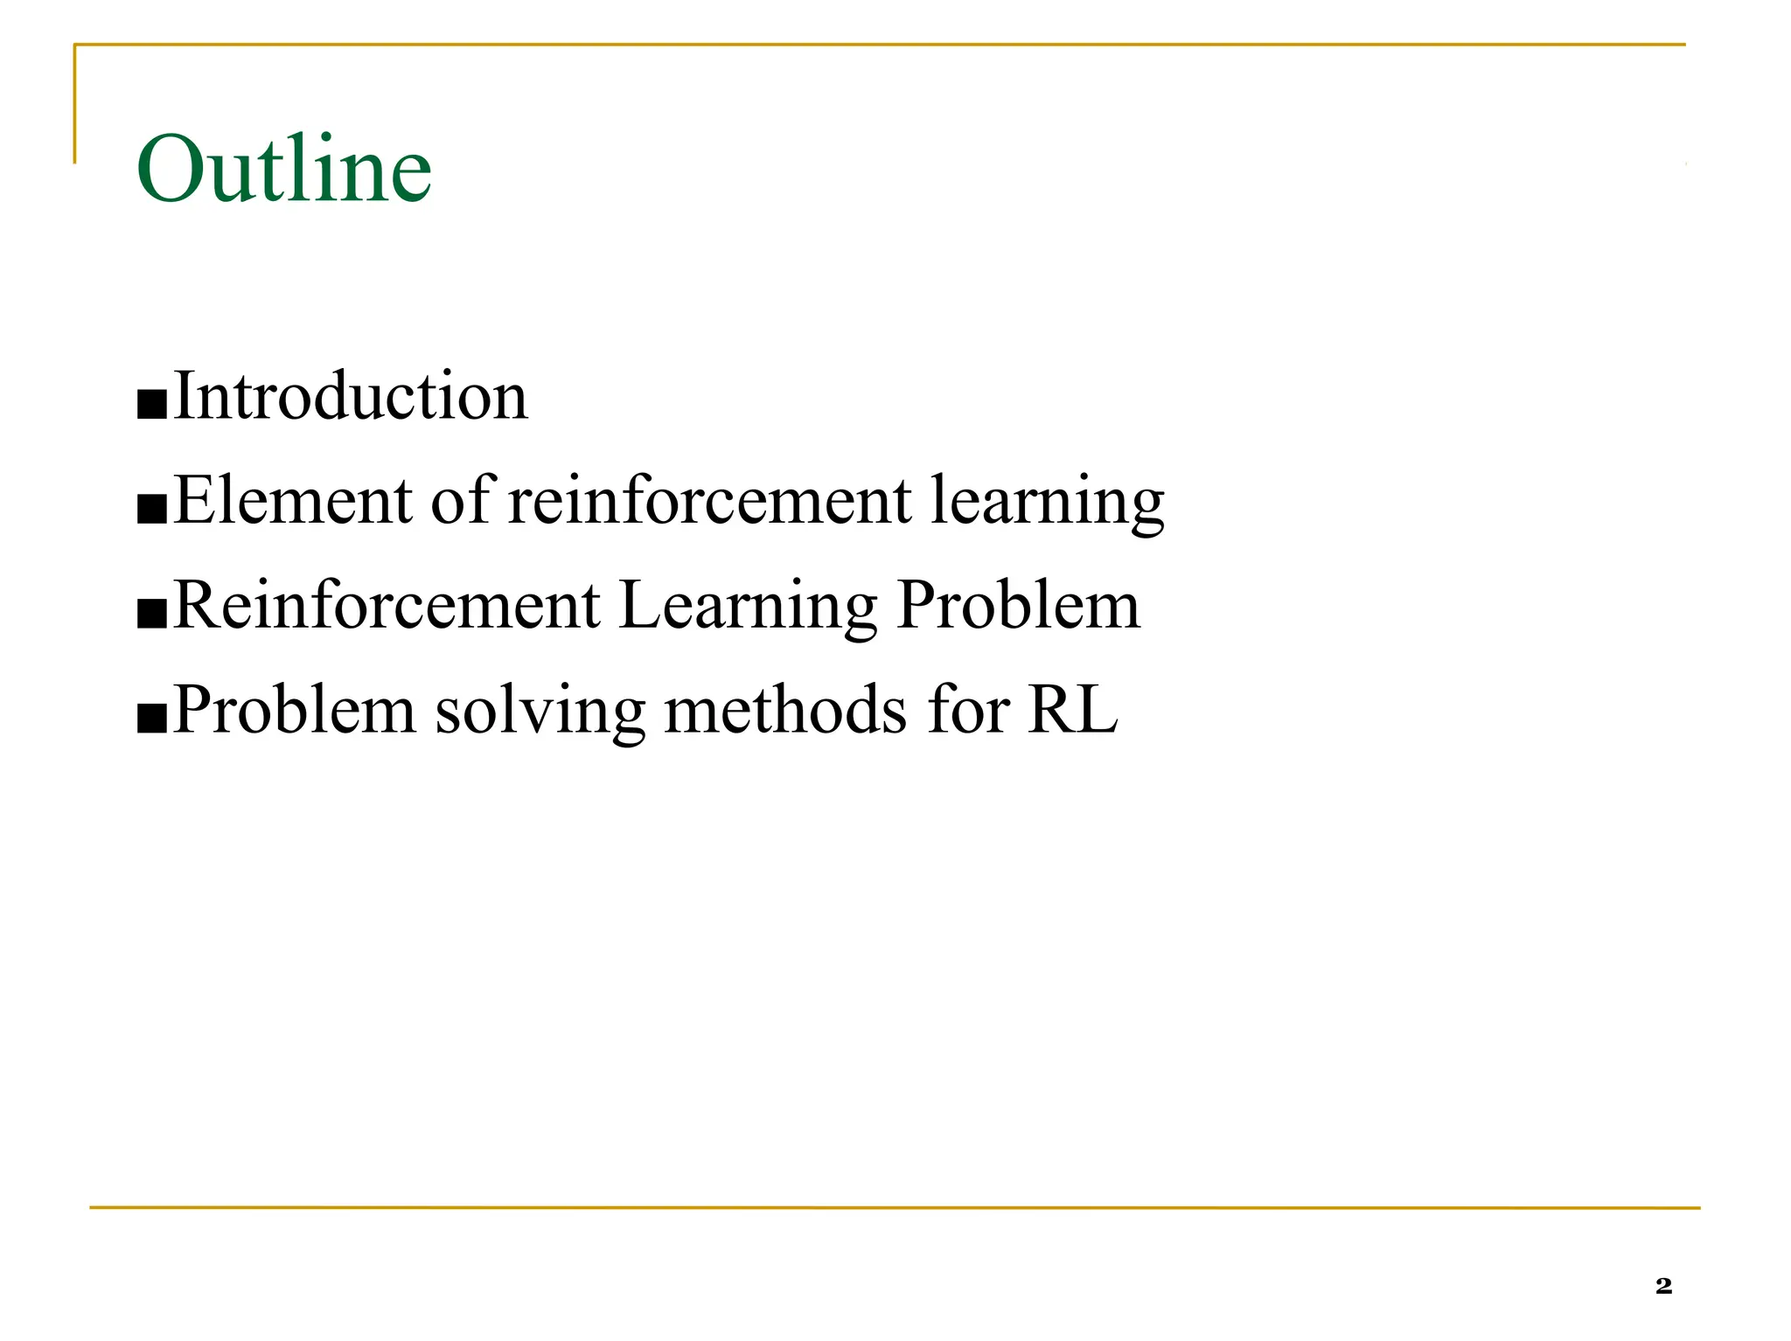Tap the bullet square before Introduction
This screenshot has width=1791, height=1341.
152,405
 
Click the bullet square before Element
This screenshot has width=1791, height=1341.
152,509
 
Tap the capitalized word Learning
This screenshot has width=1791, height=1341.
748,608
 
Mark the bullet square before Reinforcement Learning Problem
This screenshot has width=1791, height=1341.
152,614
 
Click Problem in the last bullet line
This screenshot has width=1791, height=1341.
294,709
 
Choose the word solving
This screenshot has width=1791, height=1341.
540,712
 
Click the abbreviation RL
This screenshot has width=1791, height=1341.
1072,709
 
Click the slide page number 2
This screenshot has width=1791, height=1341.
1663,1285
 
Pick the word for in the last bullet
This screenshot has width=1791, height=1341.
968,709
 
